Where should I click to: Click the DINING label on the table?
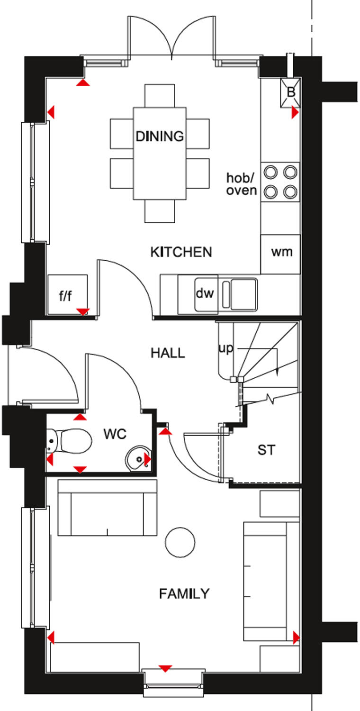coord(160,137)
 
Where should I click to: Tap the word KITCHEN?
coord(181,252)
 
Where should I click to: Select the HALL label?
coord(168,353)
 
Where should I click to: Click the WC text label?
coord(116,434)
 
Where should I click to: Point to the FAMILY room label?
coord(184,593)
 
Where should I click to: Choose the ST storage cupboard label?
coord(266,450)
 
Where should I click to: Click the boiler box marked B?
coord(291,91)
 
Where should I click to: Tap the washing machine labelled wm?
coord(281,252)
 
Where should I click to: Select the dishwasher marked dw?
coord(205,293)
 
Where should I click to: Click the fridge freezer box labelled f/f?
coord(66,296)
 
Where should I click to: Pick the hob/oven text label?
coord(242,184)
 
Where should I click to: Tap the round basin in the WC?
coord(138,458)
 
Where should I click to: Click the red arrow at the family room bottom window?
coord(165,668)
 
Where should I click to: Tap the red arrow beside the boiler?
coord(295,112)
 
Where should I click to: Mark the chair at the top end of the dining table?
coord(160,96)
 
